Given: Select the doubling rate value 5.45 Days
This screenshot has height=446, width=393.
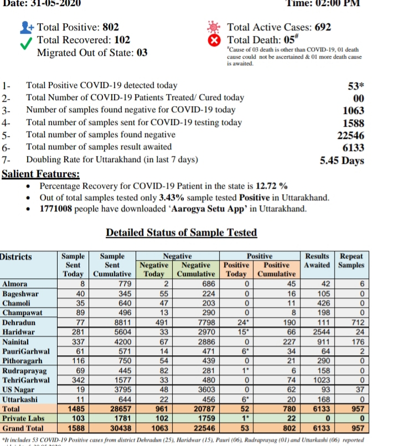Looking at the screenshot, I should (342, 160).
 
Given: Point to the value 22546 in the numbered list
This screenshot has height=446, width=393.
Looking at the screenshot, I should (351, 134).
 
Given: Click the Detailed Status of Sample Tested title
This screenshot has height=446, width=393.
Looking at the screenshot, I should (182, 232).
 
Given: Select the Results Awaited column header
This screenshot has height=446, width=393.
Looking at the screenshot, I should (317, 261).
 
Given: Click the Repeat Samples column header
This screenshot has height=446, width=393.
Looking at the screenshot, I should (351, 261).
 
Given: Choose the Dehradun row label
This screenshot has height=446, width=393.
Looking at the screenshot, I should (19, 322).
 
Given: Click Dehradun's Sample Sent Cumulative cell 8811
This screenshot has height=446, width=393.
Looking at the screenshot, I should (120, 322).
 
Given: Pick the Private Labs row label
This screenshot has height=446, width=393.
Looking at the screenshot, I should (23, 418).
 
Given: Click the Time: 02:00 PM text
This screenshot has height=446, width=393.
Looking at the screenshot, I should (322, 3).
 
